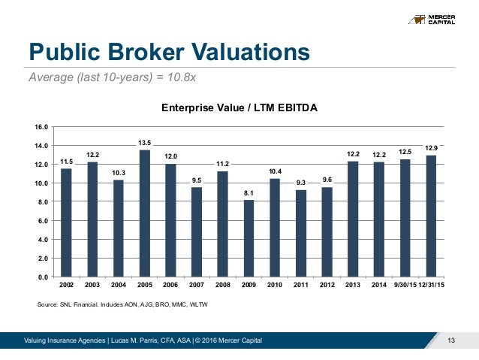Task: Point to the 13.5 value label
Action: pos(144,142)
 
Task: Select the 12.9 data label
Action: pos(431,148)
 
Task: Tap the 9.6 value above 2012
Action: pos(327,179)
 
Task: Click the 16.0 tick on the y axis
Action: pos(42,126)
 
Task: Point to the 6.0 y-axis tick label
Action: pos(42,221)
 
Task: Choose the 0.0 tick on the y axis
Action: pos(42,277)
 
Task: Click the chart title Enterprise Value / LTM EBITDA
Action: pos(240,108)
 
